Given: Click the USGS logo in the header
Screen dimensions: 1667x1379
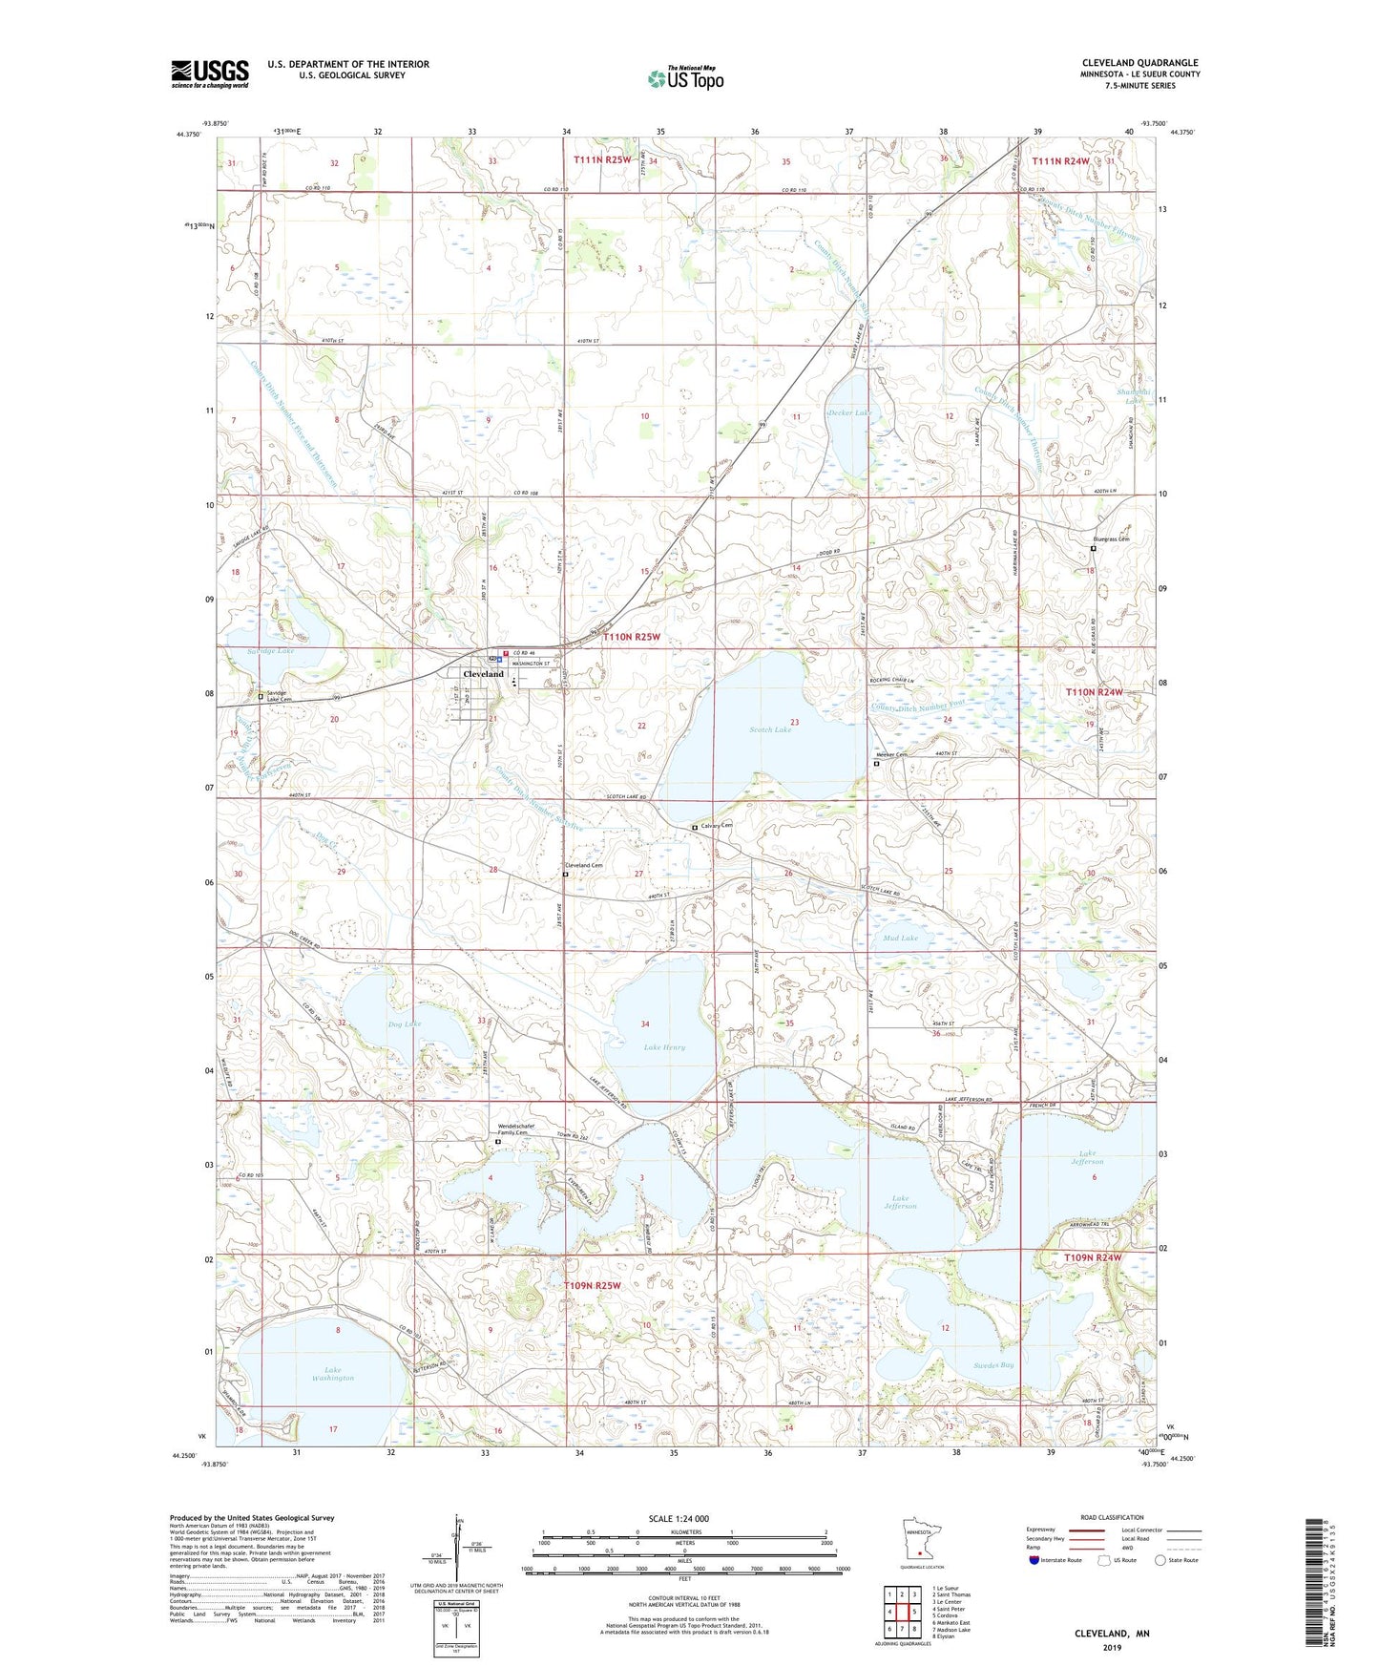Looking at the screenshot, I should click(x=210, y=74).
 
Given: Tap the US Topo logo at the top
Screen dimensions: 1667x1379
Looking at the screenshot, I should click(x=685, y=78).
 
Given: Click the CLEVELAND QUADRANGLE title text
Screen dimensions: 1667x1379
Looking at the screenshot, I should click(x=1139, y=63).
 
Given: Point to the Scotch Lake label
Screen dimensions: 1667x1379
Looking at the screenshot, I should click(x=770, y=729).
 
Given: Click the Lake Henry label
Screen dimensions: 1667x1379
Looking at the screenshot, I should click(x=664, y=1047).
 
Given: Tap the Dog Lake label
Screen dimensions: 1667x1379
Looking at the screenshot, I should click(x=405, y=1024).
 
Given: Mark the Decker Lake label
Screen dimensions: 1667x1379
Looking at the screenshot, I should click(x=848, y=412).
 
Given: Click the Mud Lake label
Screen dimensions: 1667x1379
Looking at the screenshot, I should click(x=900, y=939).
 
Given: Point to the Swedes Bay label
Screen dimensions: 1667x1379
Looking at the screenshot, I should click(x=993, y=1365).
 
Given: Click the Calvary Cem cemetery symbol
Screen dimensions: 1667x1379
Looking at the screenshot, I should click(x=695, y=828).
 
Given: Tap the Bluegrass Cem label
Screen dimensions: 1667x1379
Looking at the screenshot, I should click(x=1111, y=539).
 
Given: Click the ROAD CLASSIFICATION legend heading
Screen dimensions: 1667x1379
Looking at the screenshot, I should click(x=1112, y=1517).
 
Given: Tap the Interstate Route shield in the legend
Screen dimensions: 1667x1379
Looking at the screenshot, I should click(x=1034, y=1560).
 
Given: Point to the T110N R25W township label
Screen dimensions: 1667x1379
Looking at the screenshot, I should click(x=631, y=637).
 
